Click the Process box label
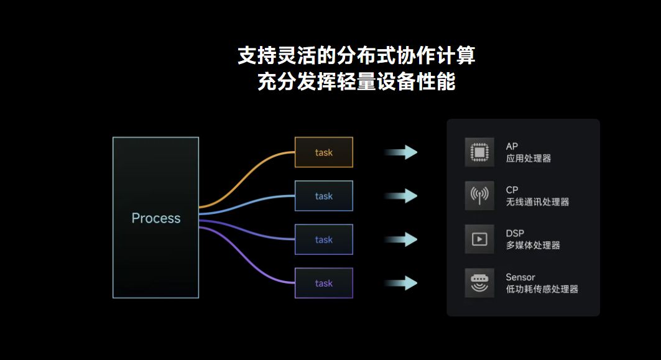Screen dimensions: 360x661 155,218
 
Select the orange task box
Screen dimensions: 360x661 323,152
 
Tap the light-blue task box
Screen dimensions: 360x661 323,196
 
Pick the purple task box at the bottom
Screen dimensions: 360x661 323,283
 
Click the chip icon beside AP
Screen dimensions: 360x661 479,152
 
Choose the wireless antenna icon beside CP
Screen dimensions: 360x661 479,196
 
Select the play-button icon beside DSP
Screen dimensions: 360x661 479,239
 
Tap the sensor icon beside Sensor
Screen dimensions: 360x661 479,283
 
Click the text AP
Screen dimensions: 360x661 512,147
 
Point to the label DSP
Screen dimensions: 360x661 515,234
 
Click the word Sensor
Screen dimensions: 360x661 520,277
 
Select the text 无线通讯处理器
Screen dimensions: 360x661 537,202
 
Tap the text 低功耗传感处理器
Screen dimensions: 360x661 542,289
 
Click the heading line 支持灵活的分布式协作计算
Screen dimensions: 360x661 356,56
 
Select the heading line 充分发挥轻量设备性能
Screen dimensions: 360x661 356,82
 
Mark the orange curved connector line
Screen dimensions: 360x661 249,177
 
